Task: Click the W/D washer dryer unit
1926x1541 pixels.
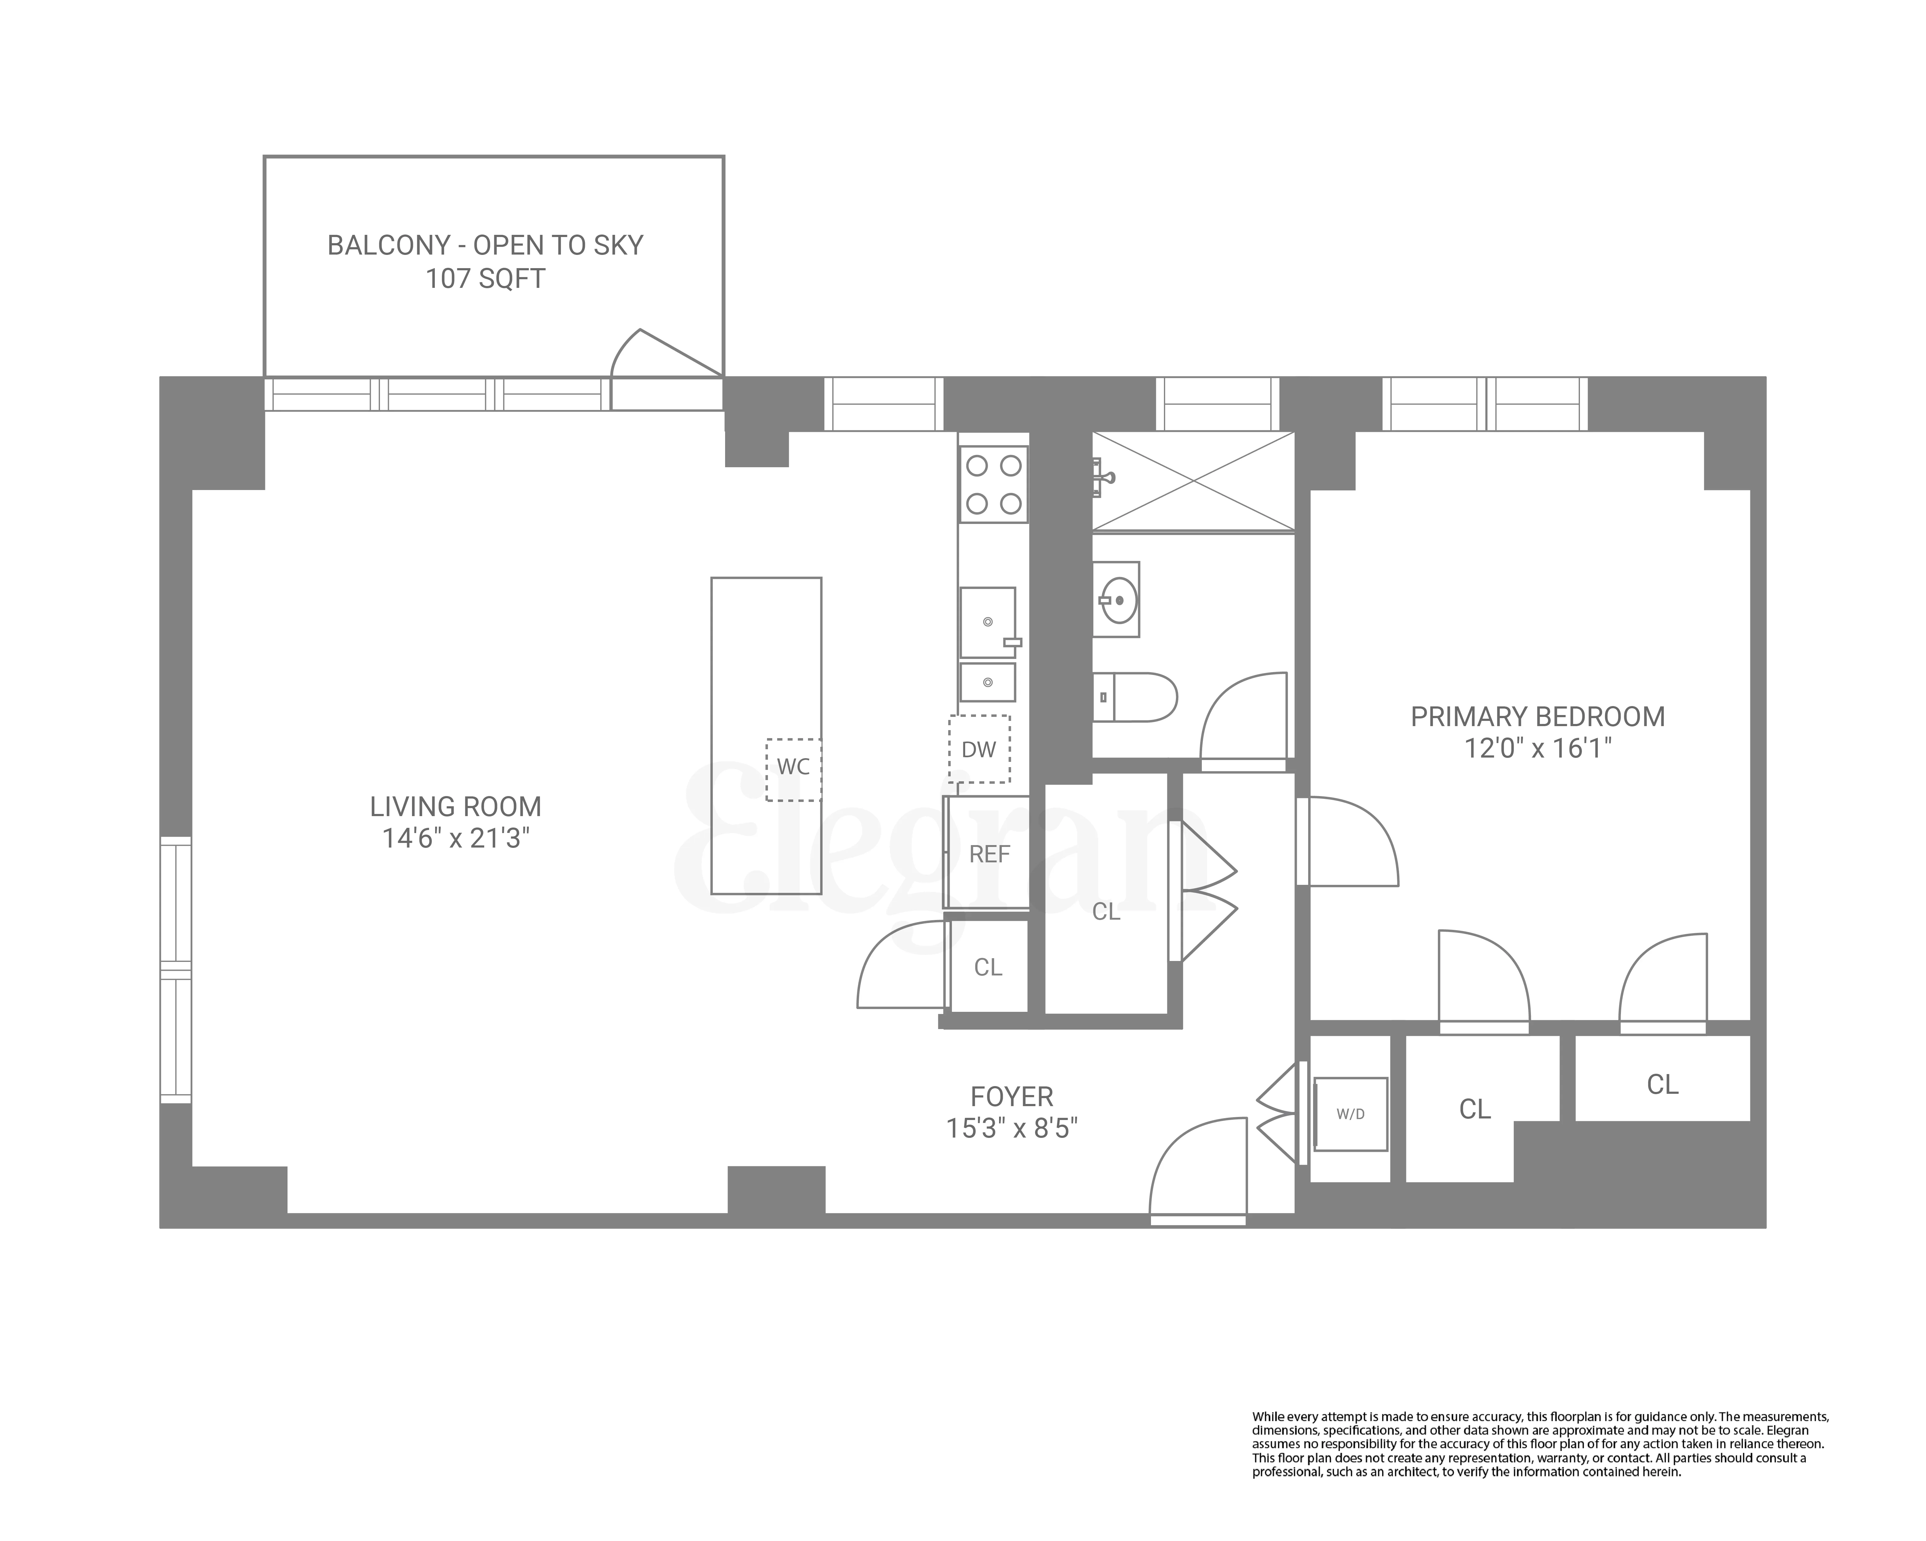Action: (1350, 1114)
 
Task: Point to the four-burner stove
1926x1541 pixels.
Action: (994, 484)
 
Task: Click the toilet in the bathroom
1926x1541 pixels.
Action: (1135, 697)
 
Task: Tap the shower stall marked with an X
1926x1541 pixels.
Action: (1193, 481)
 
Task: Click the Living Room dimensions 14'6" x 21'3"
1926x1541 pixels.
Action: (455, 839)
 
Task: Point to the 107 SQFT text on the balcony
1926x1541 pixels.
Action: (485, 279)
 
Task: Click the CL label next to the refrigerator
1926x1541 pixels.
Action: (988, 967)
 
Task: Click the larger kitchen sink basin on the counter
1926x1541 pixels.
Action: (987, 622)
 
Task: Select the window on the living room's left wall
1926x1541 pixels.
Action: (176, 969)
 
